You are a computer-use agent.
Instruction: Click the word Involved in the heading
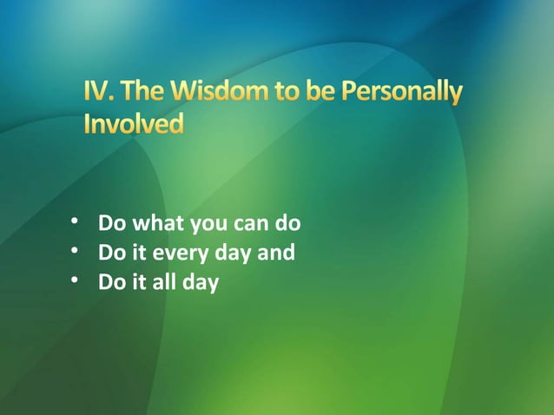134,124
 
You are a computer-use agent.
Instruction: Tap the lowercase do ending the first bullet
287,224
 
